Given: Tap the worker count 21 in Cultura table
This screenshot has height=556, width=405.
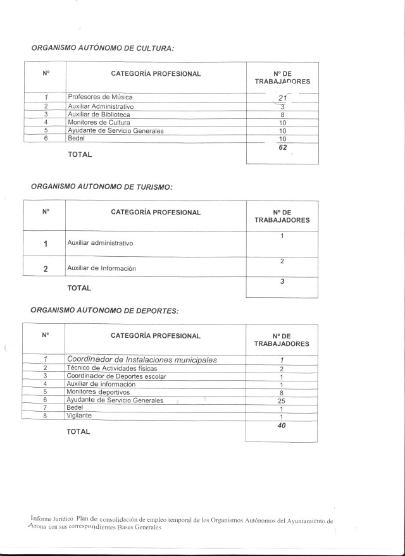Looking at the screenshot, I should (282, 98).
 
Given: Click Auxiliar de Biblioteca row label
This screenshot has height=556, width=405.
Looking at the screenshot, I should (99, 114).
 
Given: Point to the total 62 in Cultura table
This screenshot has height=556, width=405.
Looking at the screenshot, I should (282, 147).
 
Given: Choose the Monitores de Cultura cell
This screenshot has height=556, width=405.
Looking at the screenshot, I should (98, 122).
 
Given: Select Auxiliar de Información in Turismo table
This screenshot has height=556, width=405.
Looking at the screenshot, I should (101, 268).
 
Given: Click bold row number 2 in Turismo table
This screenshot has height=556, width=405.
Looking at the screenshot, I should (45, 268).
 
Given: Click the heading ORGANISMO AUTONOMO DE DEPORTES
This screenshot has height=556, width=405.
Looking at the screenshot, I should (104, 311).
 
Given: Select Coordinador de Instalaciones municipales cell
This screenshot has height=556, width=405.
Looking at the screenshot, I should (142, 359).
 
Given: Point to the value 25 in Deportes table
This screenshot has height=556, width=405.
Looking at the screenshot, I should (282, 400).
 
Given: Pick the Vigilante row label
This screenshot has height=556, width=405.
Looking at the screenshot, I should (79, 416).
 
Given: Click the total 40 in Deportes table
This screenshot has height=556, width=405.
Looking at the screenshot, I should (282, 426).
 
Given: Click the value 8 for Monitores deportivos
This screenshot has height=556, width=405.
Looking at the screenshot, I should (282, 392).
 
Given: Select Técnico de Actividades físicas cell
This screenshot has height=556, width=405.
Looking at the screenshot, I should (111, 368).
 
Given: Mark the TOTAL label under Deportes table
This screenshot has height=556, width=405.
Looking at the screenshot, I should (78, 432).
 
